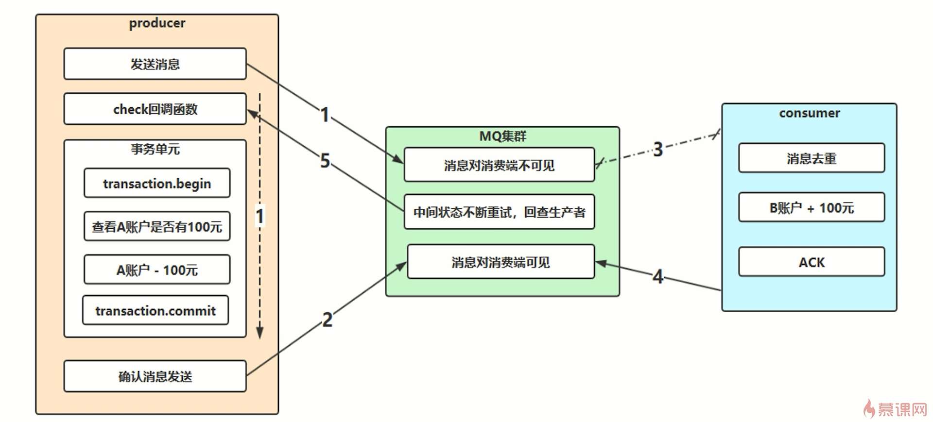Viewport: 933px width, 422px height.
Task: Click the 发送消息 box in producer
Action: coord(155,64)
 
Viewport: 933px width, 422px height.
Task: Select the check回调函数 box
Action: coord(155,109)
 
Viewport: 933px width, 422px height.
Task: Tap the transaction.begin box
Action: coord(157,184)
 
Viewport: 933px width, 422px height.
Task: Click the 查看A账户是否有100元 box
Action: coord(157,227)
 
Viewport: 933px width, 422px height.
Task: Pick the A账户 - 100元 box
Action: coord(157,270)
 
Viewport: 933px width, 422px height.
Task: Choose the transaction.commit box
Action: coord(155,311)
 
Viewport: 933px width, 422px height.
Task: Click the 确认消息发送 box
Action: coord(155,376)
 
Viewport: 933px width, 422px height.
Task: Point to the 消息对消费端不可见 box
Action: coord(499,166)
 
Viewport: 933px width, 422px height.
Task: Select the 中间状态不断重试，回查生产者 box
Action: coord(499,212)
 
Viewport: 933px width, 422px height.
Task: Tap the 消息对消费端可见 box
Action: coord(501,262)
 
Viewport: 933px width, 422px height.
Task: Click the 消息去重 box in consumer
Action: coord(812,158)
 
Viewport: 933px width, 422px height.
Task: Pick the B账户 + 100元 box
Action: coord(812,208)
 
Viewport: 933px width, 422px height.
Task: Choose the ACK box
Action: coord(812,262)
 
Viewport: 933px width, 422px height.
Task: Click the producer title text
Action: coord(157,23)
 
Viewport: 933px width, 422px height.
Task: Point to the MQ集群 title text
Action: coord(502,136)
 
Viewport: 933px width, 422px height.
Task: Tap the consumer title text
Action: coord(809,113)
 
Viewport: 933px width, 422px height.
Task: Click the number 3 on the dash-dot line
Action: coord(658,150)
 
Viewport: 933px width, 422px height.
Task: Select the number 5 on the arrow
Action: coord(325,161)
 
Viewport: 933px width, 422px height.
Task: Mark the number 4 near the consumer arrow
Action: coord(658,277)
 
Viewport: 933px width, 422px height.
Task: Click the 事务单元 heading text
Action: coord(155,149)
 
